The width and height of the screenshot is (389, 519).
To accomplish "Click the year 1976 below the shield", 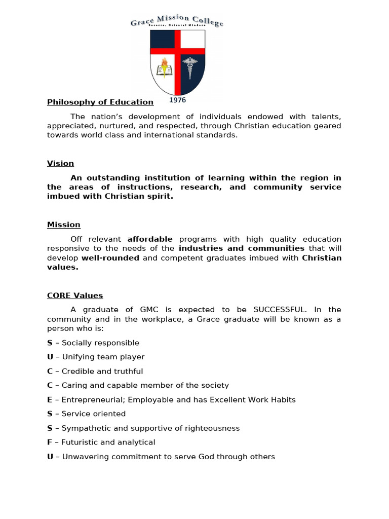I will tap(177, 100).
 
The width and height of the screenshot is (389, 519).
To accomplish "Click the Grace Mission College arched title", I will tap(177, 21).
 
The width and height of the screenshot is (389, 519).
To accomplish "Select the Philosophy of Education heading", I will tap(100, 102).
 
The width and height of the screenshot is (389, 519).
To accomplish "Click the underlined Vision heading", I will tap(60, 163).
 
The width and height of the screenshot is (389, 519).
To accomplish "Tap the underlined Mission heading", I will tap(64, 225).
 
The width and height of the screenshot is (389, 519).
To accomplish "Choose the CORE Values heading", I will tap(75, 295).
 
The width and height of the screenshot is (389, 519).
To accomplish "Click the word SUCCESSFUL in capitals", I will tap(280, 310).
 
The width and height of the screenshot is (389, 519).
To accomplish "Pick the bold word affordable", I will tap(150, 239).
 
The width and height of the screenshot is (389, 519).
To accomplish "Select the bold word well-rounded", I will tap(110, 258).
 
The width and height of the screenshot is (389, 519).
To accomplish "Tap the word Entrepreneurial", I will tap(94, 400).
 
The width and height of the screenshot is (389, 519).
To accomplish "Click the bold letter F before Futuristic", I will tap(50, 442).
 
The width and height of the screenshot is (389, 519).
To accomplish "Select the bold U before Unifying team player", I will tap(50, 357).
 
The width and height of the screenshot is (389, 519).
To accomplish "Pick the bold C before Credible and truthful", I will tap(50, 372).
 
